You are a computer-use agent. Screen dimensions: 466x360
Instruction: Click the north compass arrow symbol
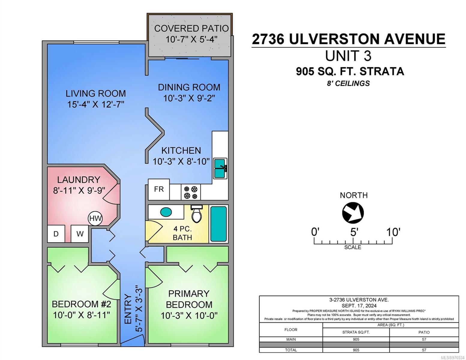[x=353, y=212]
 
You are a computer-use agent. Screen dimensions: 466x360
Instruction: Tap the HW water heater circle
[x=95, y=218]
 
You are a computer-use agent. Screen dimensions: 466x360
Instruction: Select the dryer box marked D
[x=56, y=234]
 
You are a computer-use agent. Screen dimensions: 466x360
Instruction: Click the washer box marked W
[x=80, y=234]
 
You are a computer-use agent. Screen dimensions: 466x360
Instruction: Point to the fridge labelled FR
[x=159, y=189]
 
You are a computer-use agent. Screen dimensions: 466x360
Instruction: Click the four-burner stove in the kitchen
[x=191, y=192]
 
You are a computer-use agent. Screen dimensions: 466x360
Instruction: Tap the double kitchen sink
[x=220, y=169]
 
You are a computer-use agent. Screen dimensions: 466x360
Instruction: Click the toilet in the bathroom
[x=197, y=214]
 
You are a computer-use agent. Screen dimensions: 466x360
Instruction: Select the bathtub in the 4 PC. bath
[x=218, y=224]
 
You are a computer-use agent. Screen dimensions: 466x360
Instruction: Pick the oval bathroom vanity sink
[x=166, y=212]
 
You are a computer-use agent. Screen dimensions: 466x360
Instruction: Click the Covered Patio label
[x=191, y=28]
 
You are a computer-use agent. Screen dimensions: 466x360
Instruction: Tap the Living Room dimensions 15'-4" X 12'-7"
[x=96, y=104]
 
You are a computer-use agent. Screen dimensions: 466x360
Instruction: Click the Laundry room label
[x=79, y=180]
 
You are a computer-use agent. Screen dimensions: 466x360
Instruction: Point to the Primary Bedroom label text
[x=189, y=299]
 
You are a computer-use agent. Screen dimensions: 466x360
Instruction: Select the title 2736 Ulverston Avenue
[x=348, y=39]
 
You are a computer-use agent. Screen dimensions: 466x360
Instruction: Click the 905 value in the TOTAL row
[x=356, y=350]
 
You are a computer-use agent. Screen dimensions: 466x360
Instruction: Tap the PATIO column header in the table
[x=424, y=332]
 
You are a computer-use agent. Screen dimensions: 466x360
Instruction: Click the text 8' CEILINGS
[x=348, y=83]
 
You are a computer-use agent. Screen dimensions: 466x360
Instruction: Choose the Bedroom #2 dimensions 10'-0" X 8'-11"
[x=82, y=315]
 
